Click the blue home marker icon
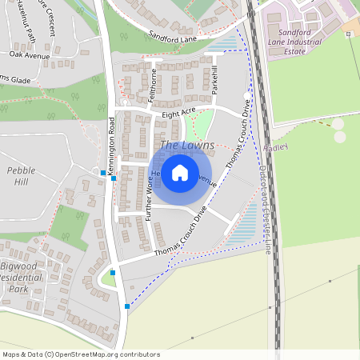point(180,172)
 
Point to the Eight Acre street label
point(178,114)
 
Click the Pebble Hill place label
point(22,176)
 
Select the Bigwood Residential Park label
point(24,277)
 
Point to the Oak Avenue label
point(30,54)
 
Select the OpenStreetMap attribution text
point(81,354)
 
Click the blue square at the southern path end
point(127,306)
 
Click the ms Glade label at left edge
point(14,78)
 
